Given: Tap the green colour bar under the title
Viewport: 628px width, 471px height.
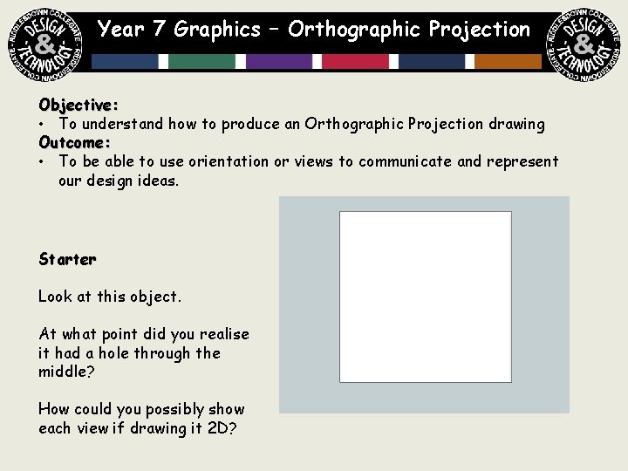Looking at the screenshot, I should (202, 61).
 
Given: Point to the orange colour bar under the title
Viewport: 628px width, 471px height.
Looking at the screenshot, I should (509, 61).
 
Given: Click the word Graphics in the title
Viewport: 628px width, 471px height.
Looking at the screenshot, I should (217, 30).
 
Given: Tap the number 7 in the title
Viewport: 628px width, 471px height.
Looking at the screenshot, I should (159, 30).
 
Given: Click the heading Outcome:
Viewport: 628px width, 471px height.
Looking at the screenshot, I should (74, 142).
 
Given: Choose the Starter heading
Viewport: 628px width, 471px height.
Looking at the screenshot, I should (67, 259).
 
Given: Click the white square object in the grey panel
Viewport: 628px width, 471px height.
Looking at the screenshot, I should (425, 297).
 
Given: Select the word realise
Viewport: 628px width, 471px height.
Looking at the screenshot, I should (224, 334).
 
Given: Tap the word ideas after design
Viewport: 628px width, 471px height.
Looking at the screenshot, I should (159, 181).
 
